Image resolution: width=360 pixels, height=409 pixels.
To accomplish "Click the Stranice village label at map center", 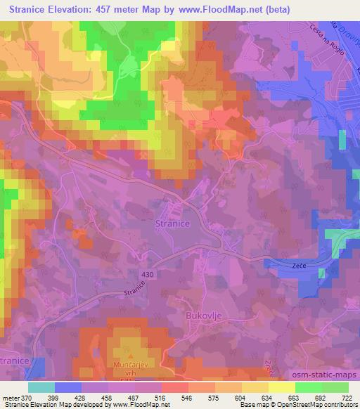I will click(172, 223).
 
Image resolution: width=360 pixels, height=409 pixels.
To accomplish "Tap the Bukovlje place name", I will click(205, 316).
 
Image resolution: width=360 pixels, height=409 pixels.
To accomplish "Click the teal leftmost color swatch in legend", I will click(41, 387).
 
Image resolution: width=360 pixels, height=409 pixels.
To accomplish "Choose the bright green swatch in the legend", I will click(307, 387).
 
